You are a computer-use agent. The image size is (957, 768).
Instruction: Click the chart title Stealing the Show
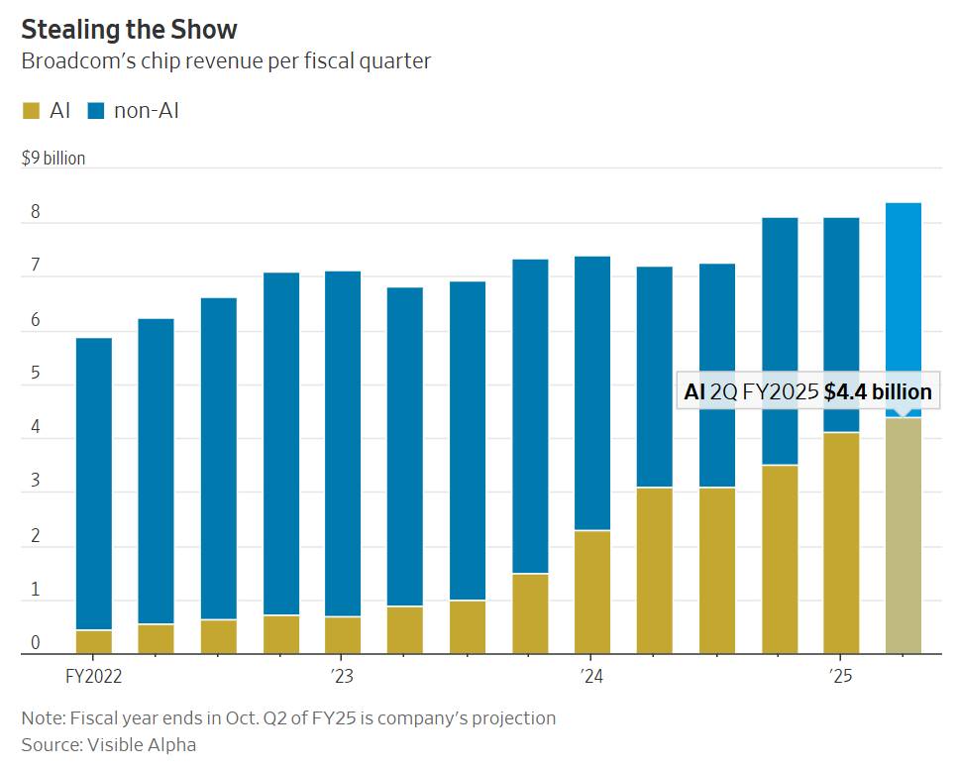129,28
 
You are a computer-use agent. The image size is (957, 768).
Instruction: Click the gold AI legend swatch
32,110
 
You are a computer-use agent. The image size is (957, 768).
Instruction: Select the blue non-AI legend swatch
96,110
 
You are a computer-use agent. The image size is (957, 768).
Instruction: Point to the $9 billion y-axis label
53,159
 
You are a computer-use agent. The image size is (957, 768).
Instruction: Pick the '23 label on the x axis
342,677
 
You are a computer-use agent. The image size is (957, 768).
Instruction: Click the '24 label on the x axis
591,677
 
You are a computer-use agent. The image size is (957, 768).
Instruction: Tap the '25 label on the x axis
841,677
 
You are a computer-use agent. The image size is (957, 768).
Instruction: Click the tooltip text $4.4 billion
878,391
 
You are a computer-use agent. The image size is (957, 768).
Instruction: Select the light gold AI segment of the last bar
903,535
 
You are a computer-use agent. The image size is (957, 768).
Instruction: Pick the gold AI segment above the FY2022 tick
94,642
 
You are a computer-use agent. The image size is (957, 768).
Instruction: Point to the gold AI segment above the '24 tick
591,593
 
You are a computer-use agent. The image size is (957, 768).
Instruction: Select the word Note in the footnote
41,717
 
